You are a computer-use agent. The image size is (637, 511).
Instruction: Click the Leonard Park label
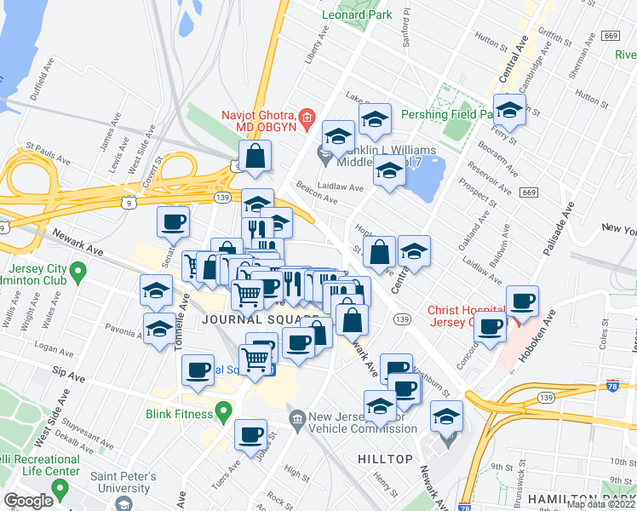pos(357,14)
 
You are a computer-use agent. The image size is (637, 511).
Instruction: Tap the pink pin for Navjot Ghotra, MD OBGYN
pos(307,116)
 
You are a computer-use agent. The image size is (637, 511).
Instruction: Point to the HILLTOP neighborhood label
pos(385,458)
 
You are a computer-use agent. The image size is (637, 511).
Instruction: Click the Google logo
pos(28,501)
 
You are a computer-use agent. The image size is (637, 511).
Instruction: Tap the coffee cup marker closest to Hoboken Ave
pos(521,300)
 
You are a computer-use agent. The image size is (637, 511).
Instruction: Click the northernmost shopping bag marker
pos(255,156)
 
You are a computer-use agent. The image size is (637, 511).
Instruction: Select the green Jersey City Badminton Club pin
pos(78,273)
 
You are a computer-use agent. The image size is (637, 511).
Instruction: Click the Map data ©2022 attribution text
pos(601,504)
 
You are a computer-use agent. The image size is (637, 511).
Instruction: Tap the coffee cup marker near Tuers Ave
pos(250,434)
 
